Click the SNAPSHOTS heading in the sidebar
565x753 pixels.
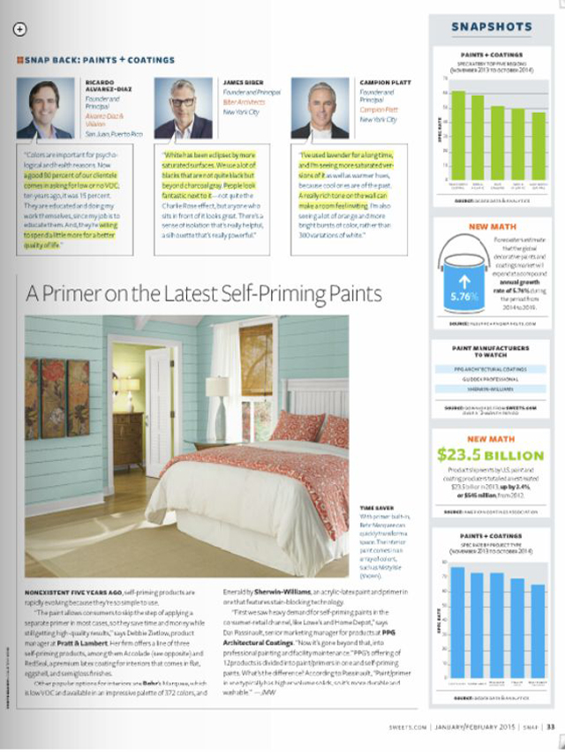(492, 26)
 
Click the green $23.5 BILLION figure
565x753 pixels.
(491, 455)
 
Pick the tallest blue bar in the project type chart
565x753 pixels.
(457, 623)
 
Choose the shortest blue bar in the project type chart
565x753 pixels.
(539, 631)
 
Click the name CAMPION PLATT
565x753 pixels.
(382, 83)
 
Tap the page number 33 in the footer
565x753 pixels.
(551, 727)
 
